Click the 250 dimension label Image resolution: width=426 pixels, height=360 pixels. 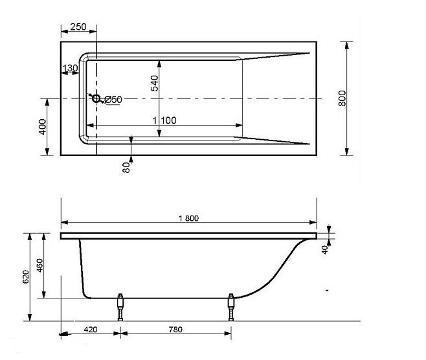coord(78,27)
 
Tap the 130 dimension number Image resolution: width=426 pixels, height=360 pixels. coord(70,67)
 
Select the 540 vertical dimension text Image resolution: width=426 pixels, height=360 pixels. coord(154,83)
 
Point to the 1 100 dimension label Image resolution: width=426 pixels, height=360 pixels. coord(164,120)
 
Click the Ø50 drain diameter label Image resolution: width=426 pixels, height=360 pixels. coord(113,100)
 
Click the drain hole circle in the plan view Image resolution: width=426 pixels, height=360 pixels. coord(96,98)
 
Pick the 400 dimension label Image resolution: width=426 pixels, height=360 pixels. coord(43,127)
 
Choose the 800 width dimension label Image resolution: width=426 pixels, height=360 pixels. coord(342,98)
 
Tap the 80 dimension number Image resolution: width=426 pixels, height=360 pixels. coord(126,168)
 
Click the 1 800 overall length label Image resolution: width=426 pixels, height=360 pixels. coord(188,218)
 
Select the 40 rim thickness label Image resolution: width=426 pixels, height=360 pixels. coord(324,250)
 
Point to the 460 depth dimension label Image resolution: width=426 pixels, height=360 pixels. coord(39,265)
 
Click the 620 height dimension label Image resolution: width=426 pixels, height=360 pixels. coord(25,276)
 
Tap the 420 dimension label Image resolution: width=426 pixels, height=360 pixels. coord(91,330)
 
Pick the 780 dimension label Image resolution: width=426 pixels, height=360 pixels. coord(175,330)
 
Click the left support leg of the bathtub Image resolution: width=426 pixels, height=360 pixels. coord(120,308)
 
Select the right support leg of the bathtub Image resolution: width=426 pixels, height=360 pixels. coord(231,308)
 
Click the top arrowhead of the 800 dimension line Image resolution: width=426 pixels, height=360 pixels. coord(346,45)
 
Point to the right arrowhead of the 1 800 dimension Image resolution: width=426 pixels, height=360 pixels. coord(313,222)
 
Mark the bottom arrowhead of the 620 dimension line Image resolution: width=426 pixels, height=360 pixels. coord(30,317)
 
